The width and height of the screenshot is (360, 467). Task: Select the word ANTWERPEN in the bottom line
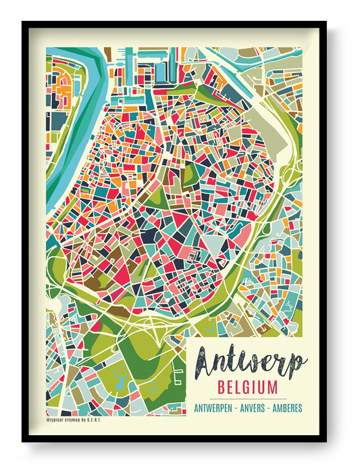coord(215,408)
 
